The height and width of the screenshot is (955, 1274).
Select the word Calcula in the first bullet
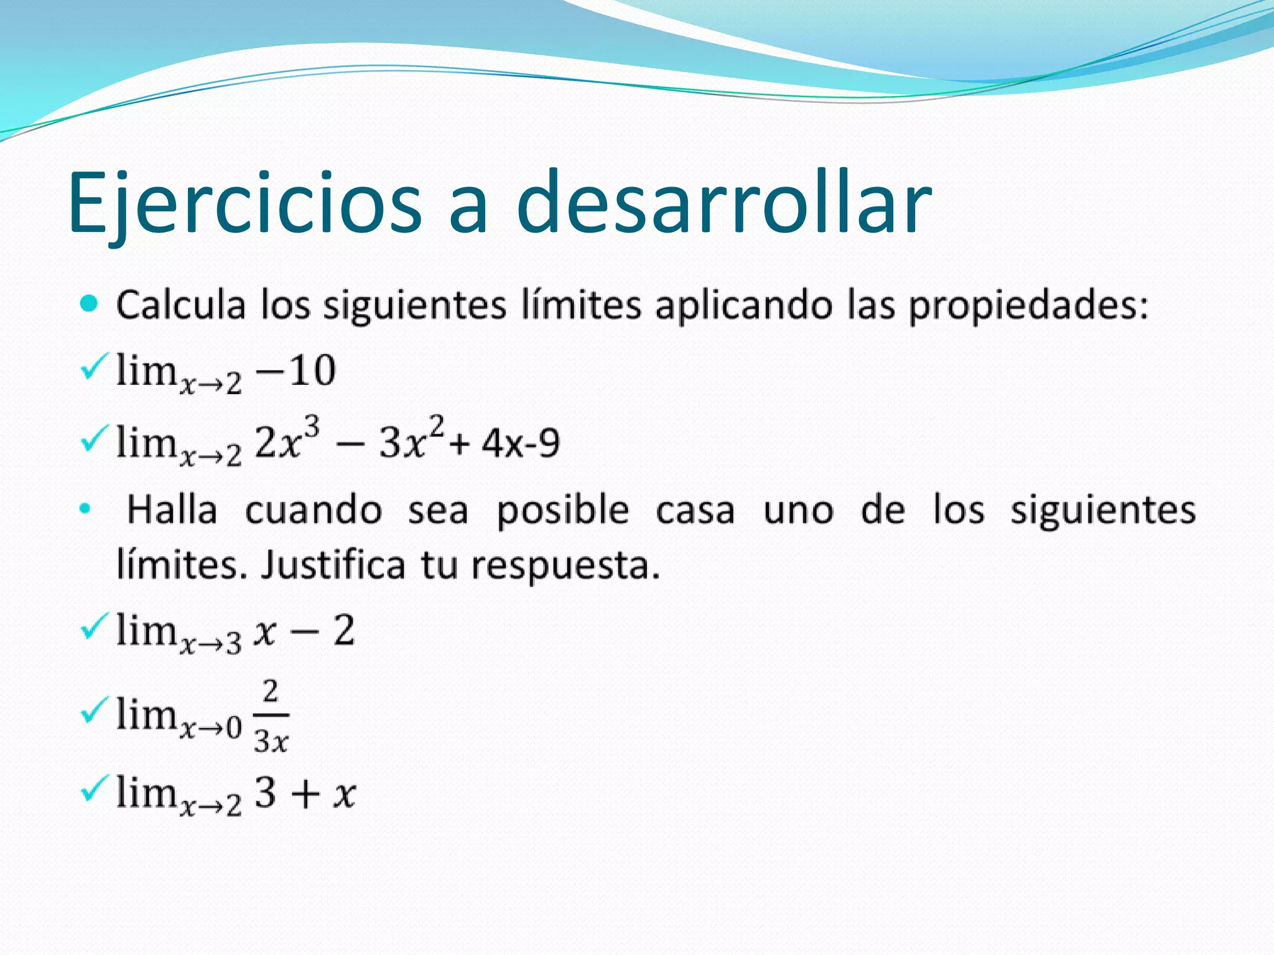coord(181,306)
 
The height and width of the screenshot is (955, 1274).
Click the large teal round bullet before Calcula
coord(90,304)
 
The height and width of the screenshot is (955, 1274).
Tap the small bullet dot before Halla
coord(85,510)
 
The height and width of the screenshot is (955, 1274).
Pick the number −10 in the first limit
coord(296,371)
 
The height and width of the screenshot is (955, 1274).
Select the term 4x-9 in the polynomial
coord(521,444)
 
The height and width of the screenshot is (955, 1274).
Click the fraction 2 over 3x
coord(271,717)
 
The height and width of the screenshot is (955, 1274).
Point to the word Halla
coord(172,510)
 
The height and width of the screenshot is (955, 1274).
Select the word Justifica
coord(333,565)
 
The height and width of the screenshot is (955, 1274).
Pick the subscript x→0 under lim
coord(211,727)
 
